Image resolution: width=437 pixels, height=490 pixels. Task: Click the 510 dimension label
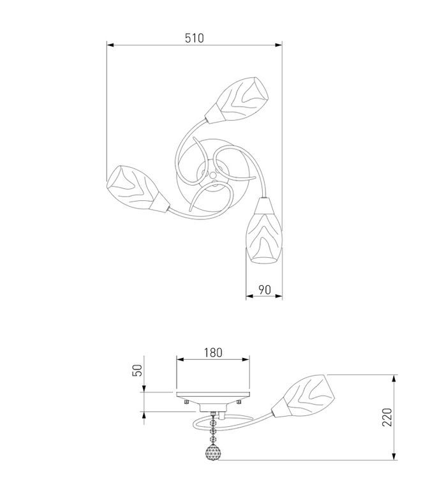195,38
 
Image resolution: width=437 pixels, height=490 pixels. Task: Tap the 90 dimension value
265,290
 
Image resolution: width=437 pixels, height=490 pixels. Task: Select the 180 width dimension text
213,352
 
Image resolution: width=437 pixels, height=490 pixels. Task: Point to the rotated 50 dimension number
137,370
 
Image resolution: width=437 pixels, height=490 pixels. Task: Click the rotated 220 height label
387,417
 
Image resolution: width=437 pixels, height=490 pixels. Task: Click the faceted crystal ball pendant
212,452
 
